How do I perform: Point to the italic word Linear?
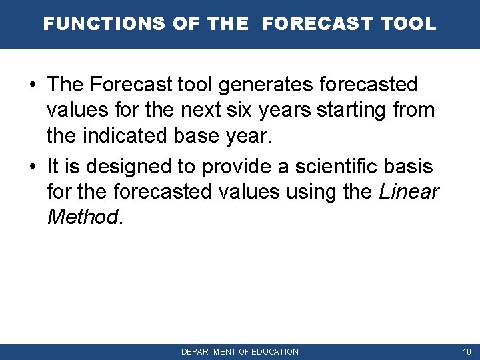coord(409,191)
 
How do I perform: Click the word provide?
coord(234,167)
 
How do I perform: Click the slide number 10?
coord(466,351)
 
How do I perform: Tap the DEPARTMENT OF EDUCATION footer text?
coord(240,351)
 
